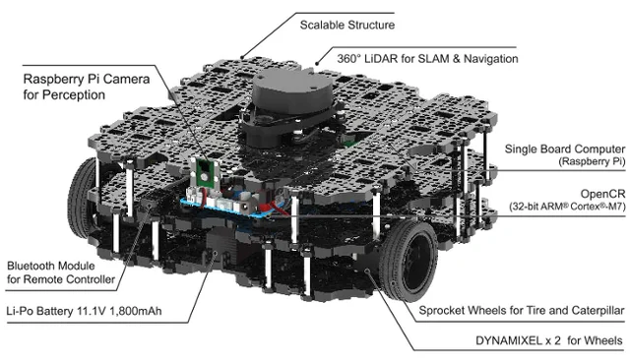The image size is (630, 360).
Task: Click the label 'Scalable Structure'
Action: pos(347,25)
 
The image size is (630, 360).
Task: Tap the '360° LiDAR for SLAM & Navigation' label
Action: pos(427,59)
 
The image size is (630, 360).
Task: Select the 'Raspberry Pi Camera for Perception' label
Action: pos(87,87)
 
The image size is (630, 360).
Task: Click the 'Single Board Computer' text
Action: pos(564,149)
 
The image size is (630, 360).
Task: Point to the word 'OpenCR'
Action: pos(602,194)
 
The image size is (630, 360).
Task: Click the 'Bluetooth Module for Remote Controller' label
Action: pos(61,272)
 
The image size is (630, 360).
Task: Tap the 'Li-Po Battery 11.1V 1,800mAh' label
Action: pos(84,311)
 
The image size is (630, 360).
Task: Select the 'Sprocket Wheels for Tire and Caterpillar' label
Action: pos(522,310)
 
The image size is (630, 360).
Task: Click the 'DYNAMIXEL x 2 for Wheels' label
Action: pos(549,340)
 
